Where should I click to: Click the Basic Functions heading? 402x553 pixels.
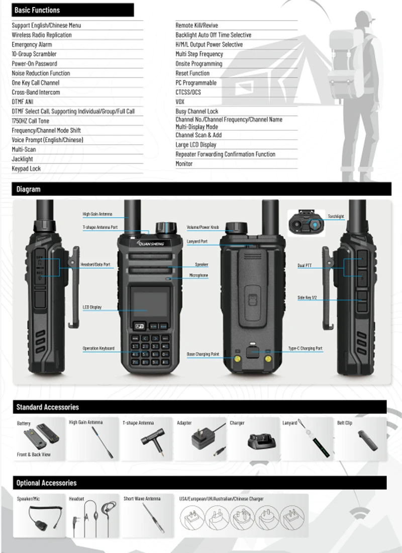pos(37,10)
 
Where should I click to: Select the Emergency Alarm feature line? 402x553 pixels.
pos(32,45)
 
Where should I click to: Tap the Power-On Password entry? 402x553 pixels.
pos(34,64)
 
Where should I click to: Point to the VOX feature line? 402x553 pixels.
pos(180,102)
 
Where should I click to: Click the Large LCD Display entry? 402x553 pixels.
pos(196,145)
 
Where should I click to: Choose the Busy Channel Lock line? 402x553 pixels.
pos(197,112)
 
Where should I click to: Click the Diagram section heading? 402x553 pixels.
pos(28,190)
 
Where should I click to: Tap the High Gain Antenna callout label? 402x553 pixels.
pos(97,214)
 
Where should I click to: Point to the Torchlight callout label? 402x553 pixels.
pos(336,217)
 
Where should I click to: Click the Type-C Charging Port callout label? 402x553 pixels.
pos(305,348)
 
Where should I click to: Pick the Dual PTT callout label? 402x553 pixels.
pos(305,265)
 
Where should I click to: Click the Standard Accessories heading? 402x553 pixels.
pos(47,407)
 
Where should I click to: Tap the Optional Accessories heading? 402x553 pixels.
pos(46,483)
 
